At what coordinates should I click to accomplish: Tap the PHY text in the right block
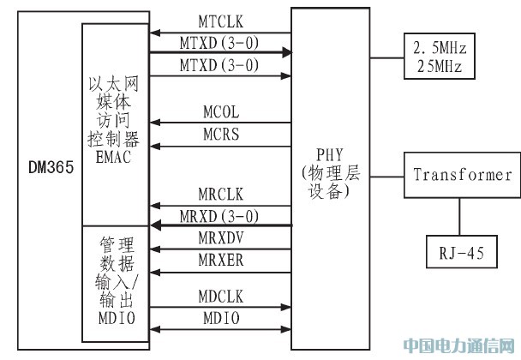[330, 159]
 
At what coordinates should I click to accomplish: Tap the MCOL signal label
[221, 112]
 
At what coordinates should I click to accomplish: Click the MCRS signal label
[221, 134]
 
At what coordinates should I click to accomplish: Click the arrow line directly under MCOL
[221, 123]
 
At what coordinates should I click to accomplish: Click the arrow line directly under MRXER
[221, 267]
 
